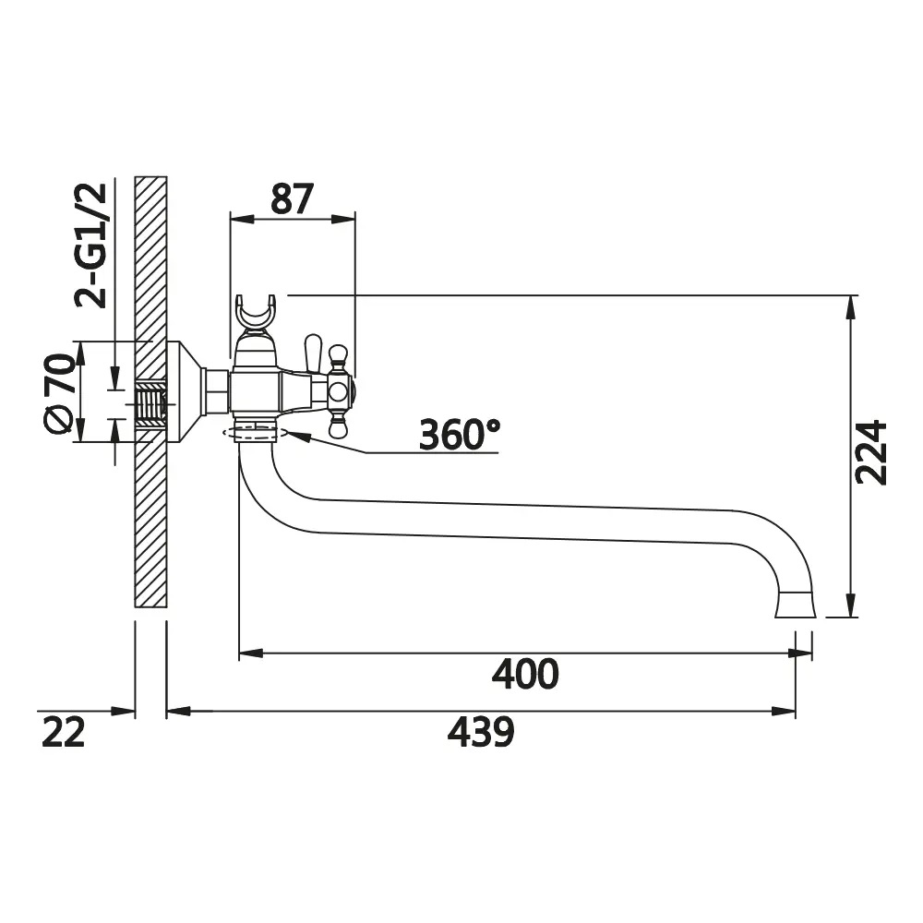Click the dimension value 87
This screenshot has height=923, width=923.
click(292, 199)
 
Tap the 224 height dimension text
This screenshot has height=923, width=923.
click(871, 452)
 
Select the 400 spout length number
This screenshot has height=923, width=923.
click(525, 675)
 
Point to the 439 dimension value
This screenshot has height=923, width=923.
click(481, 732)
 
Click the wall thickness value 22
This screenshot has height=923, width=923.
click(64, 732)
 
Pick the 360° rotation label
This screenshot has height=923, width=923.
click(460, 435)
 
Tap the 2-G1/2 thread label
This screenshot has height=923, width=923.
click(91, 246)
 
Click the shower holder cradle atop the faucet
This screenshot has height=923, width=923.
click(256, 312)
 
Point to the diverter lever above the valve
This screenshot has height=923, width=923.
click(313, 353)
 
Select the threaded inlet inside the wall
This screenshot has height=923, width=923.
click(150, 405)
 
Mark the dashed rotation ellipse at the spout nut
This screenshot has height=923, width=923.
click(255, 433)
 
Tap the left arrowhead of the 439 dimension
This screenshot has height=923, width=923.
click(179, 712)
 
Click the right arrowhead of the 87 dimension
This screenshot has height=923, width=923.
click(343, 219)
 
